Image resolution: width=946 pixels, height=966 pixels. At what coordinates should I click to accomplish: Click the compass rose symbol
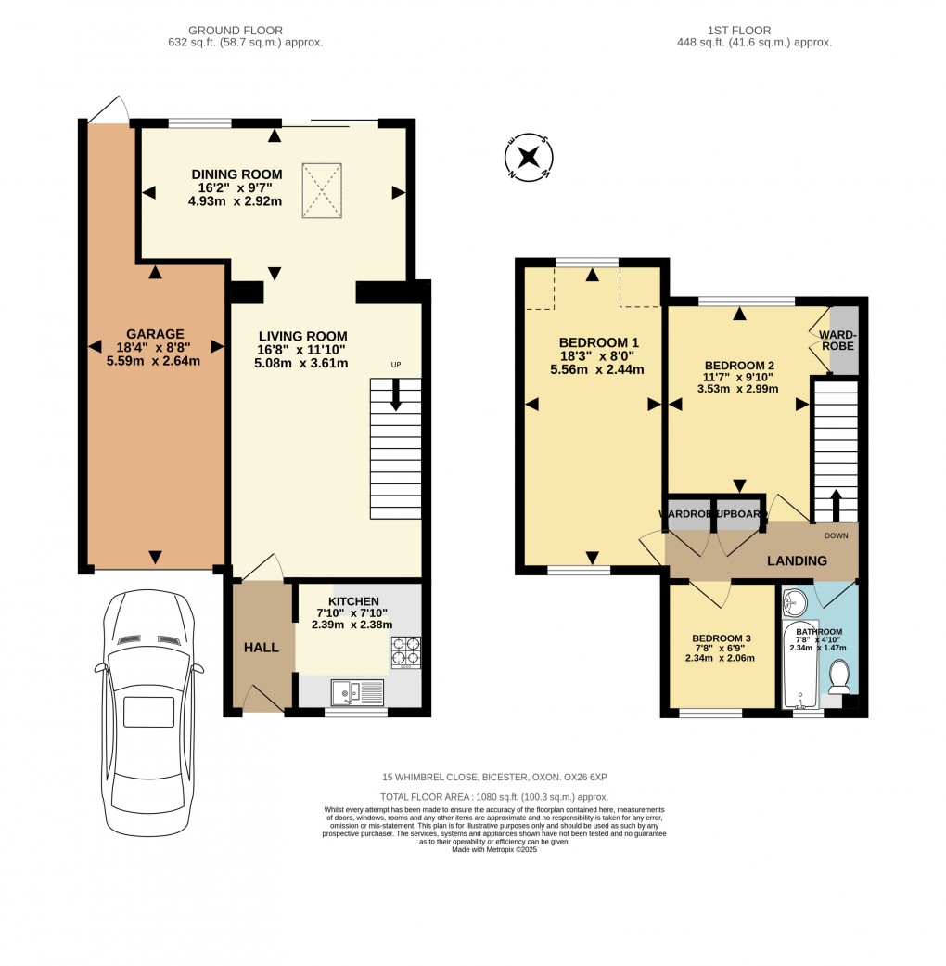click(530, 157)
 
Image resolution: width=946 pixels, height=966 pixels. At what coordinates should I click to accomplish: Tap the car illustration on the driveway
click(148, 710)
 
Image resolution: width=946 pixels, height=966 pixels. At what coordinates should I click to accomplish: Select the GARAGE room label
click(155, 334)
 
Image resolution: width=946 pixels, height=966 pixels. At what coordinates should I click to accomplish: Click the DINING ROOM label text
click(236, 174)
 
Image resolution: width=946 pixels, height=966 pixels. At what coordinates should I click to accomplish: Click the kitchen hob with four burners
click(406, 652)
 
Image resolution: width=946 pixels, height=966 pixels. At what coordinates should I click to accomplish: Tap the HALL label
click(261, 647)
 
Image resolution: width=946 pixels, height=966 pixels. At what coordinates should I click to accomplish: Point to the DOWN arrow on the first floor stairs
click(836, 507)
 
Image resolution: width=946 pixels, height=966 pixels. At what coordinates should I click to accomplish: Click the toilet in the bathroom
click(839, 676)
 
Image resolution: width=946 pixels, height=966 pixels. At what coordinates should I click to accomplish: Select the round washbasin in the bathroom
click(795, 605)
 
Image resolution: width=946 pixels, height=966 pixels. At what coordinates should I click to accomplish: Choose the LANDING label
click(796, 560)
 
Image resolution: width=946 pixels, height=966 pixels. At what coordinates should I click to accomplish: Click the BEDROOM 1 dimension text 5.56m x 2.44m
click(596, 369)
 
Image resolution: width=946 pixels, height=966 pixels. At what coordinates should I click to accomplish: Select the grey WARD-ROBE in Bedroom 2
click(844, 340)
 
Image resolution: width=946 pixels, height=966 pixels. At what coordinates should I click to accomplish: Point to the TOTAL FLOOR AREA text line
click(493, 797)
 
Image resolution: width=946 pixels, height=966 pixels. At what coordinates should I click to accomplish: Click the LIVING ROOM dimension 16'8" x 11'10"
click(302, 350)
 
